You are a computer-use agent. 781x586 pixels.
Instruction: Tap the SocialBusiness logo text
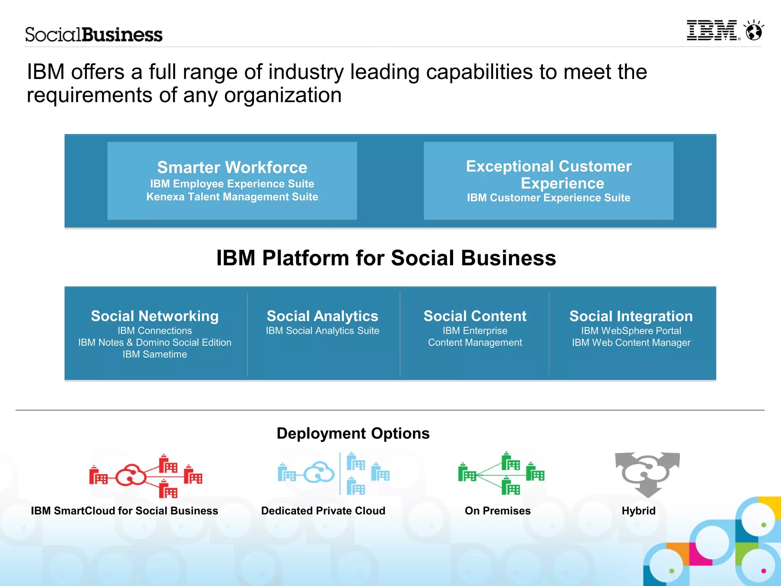coord(94,35)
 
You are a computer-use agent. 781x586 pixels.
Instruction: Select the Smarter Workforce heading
coord(232,167)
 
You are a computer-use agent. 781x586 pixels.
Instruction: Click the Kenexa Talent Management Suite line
coord(232,197)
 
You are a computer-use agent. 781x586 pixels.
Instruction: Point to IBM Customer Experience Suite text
coord(548,197)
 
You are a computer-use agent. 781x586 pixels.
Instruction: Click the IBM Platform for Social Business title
coord(386,258)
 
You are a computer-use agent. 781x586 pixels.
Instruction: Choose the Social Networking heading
coord(154,316)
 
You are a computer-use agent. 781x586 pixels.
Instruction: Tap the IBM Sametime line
coord(154,354)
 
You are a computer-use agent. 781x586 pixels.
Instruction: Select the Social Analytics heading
coord(322,316)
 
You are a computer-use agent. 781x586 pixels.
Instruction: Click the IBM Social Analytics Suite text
coord(322,331)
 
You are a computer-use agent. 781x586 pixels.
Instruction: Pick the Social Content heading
coord(475,316)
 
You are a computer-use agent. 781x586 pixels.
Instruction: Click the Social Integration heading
coord(631,316)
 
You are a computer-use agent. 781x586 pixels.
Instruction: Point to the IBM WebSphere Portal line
coord(631,331)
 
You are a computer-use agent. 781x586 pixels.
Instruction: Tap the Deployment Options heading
coord(353,433)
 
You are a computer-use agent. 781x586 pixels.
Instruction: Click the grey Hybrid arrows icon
coord(647,474)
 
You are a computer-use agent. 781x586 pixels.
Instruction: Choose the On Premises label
coord(497,511)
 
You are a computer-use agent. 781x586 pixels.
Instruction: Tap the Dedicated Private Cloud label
coord(323,511)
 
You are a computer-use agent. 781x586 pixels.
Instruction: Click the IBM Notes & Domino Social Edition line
coord(154,342)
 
